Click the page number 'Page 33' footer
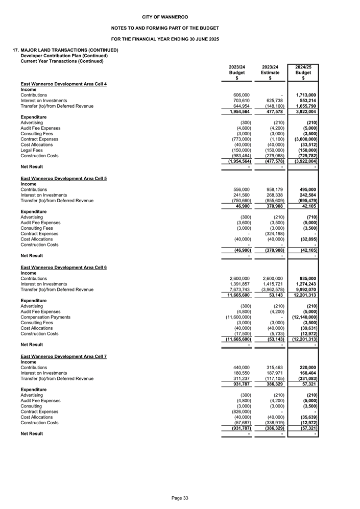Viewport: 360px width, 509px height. [180, 498]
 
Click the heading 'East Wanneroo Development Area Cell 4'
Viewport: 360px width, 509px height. [63, 83]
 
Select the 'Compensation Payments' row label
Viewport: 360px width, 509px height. [43, 317]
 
